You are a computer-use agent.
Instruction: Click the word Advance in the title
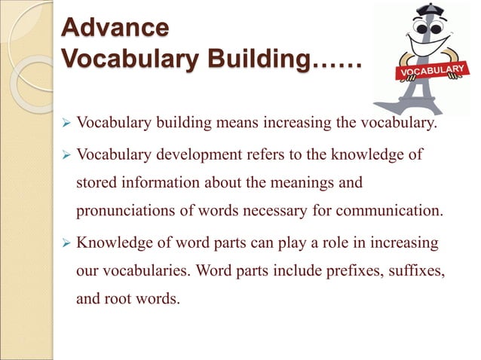tap(115, 28)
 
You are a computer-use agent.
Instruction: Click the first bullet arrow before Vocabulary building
tap(65, 123)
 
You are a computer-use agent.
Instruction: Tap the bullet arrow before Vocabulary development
tap(65, 155)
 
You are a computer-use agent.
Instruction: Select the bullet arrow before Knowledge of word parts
tap(65, 243)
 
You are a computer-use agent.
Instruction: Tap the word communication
tap(385, 210)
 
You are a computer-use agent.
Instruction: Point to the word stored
tap(96, 183)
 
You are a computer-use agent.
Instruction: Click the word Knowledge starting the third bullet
tap(112, 243)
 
